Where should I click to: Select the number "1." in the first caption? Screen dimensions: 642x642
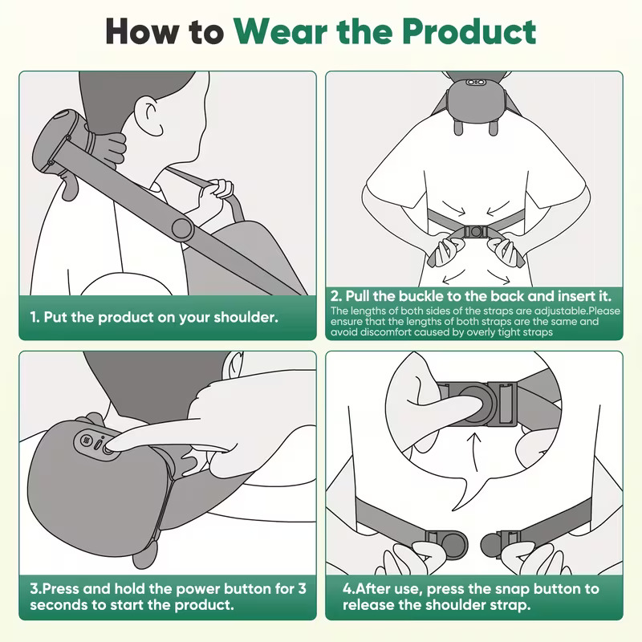click(35, 317)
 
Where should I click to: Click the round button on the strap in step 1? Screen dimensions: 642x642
click(182, 230)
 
